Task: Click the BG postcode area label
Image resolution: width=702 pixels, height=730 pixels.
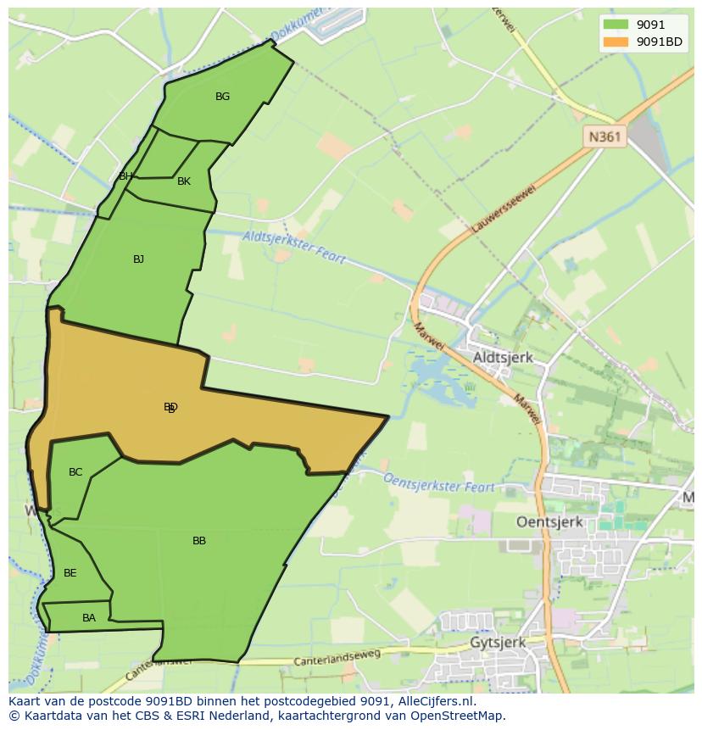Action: point(222,97)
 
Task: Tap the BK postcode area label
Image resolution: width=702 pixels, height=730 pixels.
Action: point(184,181)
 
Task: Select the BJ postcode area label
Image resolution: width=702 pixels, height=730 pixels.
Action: point(138,259)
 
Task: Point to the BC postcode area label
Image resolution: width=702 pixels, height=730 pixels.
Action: point(75,472)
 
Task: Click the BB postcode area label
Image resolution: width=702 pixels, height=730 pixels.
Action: point(199,541)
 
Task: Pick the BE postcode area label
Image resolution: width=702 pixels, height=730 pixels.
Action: point(70,573)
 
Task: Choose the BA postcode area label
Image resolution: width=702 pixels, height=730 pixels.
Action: point(89,618)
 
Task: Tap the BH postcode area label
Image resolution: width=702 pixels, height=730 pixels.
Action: point(125,176)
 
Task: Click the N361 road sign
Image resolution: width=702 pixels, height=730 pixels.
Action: point(605,137)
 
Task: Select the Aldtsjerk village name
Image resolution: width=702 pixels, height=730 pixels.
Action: point(503,358)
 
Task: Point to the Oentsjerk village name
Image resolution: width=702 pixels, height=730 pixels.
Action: point(550,522)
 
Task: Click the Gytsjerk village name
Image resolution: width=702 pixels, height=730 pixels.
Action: point(498,643)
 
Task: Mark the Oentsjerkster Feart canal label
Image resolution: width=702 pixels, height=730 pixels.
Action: point(439,482)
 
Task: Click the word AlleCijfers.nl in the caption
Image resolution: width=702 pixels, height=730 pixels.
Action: point(432,701)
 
